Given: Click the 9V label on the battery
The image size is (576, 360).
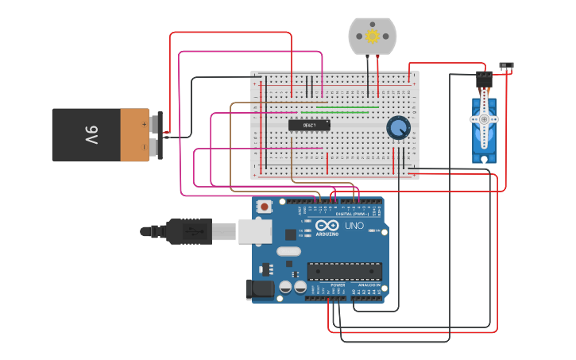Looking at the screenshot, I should pyautogui.click(x=91, y=135).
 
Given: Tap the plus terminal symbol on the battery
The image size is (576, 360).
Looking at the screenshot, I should pyautogui.click(x=144, y=124).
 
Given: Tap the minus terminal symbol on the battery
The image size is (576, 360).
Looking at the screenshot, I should pyautogui.click(x=144, y=146).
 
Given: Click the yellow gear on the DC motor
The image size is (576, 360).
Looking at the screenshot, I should pyautogui.click(x=372, y=36).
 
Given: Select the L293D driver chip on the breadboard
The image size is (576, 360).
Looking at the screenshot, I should pyautogui.click(x=309, y=125).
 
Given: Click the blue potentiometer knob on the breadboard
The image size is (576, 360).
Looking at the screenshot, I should pyautogui.click(x=398, y=127).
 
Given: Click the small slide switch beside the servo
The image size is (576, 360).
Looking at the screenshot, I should pyautogui.click(x=505, y=65).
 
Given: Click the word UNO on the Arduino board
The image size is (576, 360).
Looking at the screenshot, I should pyautogui.click(x=354, y=226).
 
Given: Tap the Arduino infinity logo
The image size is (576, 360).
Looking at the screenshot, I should pyautogui.click(x=327, y=225).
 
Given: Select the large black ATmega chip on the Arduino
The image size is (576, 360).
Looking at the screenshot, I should pyautogui.click(x=344, y=271).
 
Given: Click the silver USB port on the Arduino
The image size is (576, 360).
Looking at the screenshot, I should pyautogui.click(x=254, y=230).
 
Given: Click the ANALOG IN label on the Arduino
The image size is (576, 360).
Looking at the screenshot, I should pyautogui.click(x=367, y=285).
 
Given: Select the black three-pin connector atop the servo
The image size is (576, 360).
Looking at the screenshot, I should pyautogui.click(x=484, y=79).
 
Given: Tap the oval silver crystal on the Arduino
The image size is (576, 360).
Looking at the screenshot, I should pyautogui.click(x=288, y=252).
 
